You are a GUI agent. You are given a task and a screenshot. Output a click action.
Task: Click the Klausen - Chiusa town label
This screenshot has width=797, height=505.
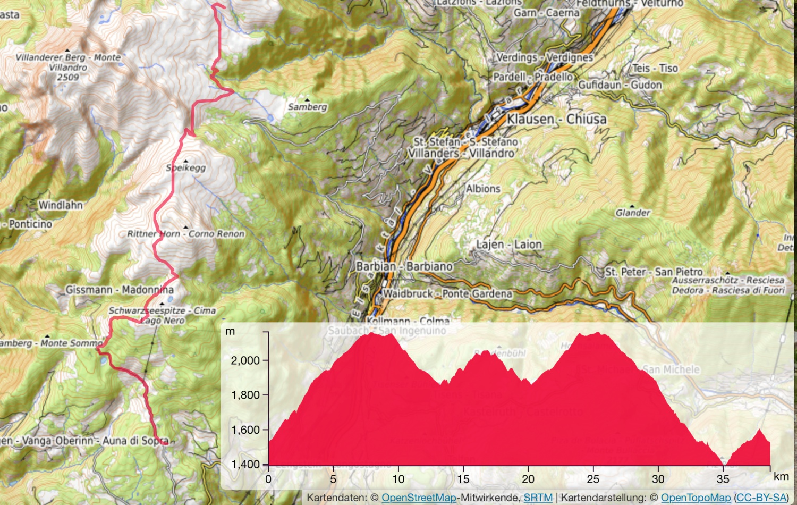pyautogui.click(x=556, y=119)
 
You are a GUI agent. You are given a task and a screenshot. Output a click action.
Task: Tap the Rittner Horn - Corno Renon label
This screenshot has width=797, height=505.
pyautogui.click(x=186, y=234)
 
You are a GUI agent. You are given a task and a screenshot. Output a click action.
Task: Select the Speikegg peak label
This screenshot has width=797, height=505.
pyautogui.click(x=186, y=168)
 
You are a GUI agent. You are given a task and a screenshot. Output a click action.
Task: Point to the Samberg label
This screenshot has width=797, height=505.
pyautogui.click(x=307, y=107)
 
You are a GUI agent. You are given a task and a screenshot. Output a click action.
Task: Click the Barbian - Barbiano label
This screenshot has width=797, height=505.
pyautogui.click(x=405, y=266)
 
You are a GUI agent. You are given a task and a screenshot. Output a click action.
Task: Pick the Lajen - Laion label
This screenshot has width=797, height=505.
pyautogui.click(x=509, y=245)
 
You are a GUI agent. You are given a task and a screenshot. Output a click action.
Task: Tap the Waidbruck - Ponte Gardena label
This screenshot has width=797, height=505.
pyautogui.click(x=447, y=293)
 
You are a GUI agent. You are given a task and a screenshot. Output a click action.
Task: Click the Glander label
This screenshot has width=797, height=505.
pyautogui.click(x=633, y=213)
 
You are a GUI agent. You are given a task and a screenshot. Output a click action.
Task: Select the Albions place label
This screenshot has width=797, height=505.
pyautogui.click(x=483, y=189)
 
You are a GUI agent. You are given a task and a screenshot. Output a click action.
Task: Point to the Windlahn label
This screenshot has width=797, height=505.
pyautogui.click(x=61, y=205)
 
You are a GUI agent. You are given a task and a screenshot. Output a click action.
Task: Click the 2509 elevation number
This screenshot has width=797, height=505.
pyautogui.click(x=68, y=78)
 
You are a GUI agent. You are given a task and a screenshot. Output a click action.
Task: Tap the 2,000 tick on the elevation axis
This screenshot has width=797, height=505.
pyautogui.click(x=245, y=360)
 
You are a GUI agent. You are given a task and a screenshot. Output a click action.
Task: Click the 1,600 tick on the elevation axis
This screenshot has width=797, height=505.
pyautogui.click(x=245, y=430)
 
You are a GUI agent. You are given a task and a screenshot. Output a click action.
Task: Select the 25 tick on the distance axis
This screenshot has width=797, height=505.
pyautogui.click(x=593, y=479)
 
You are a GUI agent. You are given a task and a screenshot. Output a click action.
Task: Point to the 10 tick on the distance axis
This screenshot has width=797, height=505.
pyautogui.click(x=398, y=479)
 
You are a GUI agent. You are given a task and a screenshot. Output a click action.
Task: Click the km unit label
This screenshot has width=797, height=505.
pyautogui.click(x=781, y=476)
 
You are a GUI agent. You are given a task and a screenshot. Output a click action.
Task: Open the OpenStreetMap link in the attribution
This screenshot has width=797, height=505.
pyautogui.click(x=419, y=498)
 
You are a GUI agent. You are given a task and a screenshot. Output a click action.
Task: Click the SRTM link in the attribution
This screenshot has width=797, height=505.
pyautogui.click(x=538, y=498)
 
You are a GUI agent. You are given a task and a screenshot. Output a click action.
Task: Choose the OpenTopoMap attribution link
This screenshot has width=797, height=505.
pyautogui.click(x=696, y=498)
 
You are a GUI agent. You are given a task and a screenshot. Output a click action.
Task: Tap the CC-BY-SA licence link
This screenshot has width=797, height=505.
pyautogui.click(x=762, y=498)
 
